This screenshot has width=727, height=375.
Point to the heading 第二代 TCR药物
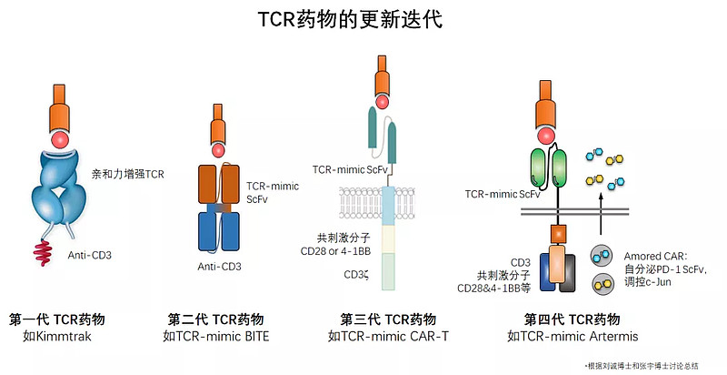click(216, 319)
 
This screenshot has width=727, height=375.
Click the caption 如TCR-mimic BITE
click(216, 336)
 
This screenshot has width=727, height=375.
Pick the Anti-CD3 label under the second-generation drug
click(220, 267)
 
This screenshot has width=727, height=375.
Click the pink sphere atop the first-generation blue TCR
click(62, 139)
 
